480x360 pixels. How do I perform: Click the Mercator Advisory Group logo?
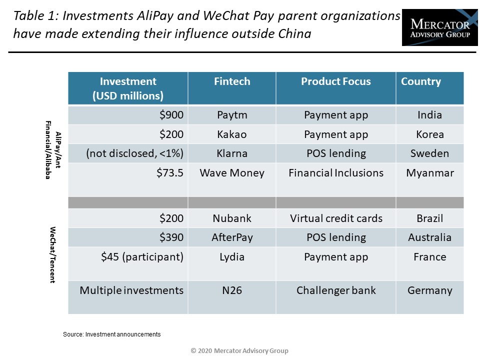point(439,27)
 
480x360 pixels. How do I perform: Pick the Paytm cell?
point(232,115)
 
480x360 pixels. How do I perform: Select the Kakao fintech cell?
point(232,134)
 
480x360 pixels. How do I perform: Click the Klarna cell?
point(232,153)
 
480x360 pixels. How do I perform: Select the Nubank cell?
point(232,218)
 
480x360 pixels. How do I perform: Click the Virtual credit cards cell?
point(336,218)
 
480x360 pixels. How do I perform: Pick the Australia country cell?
point(430,237)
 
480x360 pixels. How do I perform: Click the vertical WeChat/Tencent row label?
point(52,254)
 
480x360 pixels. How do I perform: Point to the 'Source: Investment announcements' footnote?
point(111,334)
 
